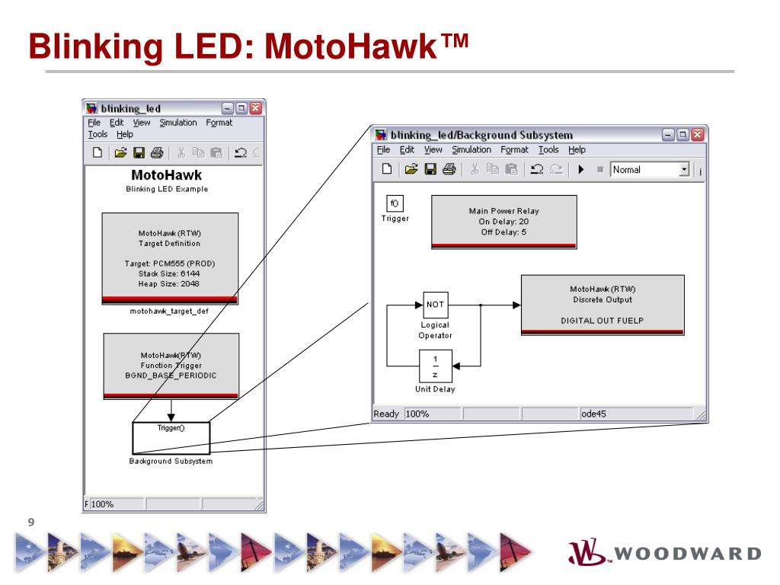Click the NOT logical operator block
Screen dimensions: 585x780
point(435,305)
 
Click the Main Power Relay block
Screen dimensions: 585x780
point(503,221)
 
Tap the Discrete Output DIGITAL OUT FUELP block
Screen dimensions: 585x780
point(602,305)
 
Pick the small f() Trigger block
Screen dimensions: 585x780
point(394,203)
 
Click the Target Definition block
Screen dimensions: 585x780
point(170,258)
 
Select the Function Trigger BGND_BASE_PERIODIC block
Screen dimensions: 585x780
point(171,366)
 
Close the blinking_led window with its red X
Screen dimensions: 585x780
point(255,108)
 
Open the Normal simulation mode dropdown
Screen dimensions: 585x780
point(683,170)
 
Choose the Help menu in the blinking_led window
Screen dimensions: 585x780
point(124,134)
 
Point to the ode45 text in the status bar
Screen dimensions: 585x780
point(593,414)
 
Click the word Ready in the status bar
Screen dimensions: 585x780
point(387,414)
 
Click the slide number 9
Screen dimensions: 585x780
point(31,522)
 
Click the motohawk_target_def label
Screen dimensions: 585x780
point(169,311)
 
